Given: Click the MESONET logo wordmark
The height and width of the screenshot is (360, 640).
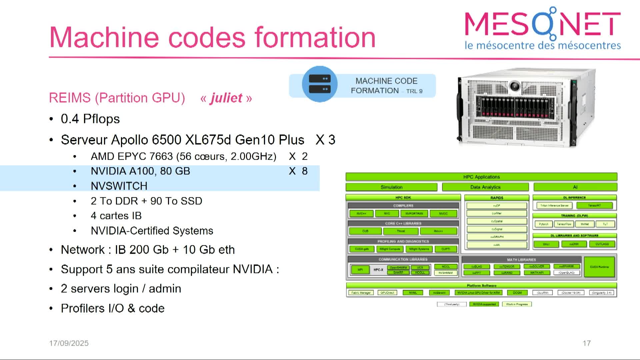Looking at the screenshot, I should click(x=542, y=23).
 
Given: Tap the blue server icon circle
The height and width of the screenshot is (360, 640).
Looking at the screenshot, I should click(x=320, y=84).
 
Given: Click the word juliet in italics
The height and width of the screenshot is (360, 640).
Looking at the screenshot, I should click(x=226, y=98).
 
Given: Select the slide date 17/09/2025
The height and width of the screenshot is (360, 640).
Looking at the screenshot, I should click(x=69, y=343).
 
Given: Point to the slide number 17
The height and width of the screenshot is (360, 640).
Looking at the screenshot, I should click(x=587, y=343).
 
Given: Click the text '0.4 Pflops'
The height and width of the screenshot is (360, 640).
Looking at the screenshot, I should click(x=90, y=119).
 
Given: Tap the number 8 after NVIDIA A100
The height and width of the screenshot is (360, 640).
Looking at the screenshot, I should click(x=305, y=171).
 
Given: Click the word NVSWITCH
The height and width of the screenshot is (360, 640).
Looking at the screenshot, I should click(x=119, y=186).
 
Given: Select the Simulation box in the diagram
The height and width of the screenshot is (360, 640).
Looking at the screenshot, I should click(x=391, y=187).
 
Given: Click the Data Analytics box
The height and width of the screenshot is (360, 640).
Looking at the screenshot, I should click(x=485, y=187).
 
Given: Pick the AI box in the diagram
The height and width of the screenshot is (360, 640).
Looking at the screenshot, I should click(x=575, y=187).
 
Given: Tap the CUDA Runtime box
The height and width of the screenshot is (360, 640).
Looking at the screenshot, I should click(x=599, y=267).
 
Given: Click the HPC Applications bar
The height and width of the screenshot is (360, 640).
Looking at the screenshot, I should click(x=481, y=177).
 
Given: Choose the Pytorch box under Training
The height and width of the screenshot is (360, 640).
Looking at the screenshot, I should click(x=543, y=224).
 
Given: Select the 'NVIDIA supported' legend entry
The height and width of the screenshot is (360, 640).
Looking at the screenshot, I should click(x=484, y=304).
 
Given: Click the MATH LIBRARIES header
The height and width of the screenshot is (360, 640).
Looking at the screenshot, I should click(x=521, y=260).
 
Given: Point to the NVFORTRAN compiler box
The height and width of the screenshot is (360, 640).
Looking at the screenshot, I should click(x=414, y=214).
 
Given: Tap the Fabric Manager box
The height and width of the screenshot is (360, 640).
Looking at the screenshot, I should click(x=361, y=293).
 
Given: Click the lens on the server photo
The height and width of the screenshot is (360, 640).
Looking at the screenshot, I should click(x=515, y=86).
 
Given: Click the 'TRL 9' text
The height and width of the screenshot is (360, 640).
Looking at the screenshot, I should click(x=414, y=91).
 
